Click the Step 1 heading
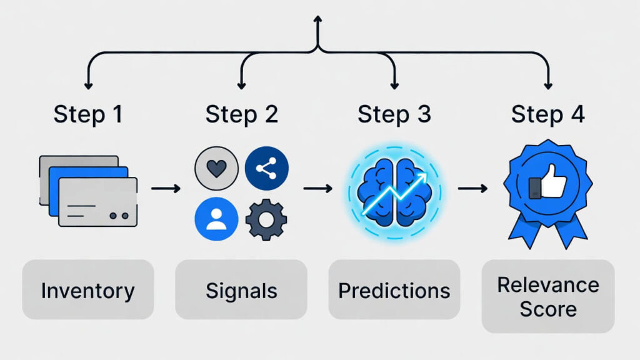pyautogui.click(x=88, y=114)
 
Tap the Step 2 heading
pyautogui.click(x=241, y=114)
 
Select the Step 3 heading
pyautogui.click(x=394, y=114)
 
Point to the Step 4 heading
pyautogui.click(x=547, y=114)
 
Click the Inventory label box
pyautogui.click(x=87, y=290)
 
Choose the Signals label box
pyautogui.click(x=241, y=290)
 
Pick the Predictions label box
pyautogui.click(x=394, y=290)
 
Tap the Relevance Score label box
pyautogui.click(x=547, y=296)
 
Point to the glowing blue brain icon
pyautogui.click(x=394, y=191)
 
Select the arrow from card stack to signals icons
pyautogui.click(x=166, y=187)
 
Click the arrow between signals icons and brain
pyautogui.click(x=318, y=187)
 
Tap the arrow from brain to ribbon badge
pyautogui.click(x=472, y=187)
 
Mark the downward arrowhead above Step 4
pyautogui.click(x=548, y=85)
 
